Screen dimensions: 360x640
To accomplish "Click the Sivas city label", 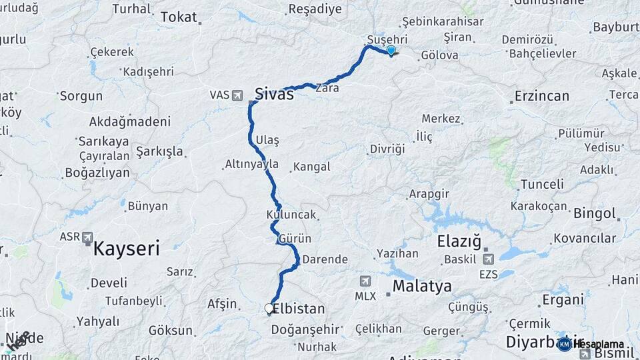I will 274,93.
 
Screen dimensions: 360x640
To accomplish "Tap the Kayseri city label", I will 127,249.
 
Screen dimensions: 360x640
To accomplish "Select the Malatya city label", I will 422,287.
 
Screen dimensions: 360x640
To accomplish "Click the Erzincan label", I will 541,96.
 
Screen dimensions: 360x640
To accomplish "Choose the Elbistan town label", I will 299,309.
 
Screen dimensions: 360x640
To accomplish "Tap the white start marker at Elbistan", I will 269,309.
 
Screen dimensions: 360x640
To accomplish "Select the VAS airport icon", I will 237,95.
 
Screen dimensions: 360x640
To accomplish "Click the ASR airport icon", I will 88,238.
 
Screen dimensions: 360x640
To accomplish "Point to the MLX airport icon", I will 365,281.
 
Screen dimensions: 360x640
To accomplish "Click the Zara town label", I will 327,87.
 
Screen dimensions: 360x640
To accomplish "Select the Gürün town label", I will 295,238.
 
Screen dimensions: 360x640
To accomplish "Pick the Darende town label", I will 325,259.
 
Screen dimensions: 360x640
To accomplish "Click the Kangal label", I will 312,167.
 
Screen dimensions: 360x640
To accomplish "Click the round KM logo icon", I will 565,344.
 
